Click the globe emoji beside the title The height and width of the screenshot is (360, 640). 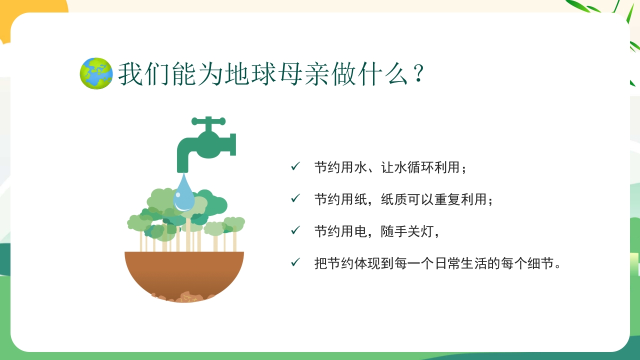[96, 73]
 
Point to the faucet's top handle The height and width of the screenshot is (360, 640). [208, 120]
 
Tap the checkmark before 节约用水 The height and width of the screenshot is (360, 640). [295, 166]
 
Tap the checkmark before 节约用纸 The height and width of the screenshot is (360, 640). [295, 198]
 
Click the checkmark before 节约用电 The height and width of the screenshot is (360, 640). [295, 230]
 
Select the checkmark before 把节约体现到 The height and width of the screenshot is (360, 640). [295, 262]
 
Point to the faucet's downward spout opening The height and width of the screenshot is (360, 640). [183, 169]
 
